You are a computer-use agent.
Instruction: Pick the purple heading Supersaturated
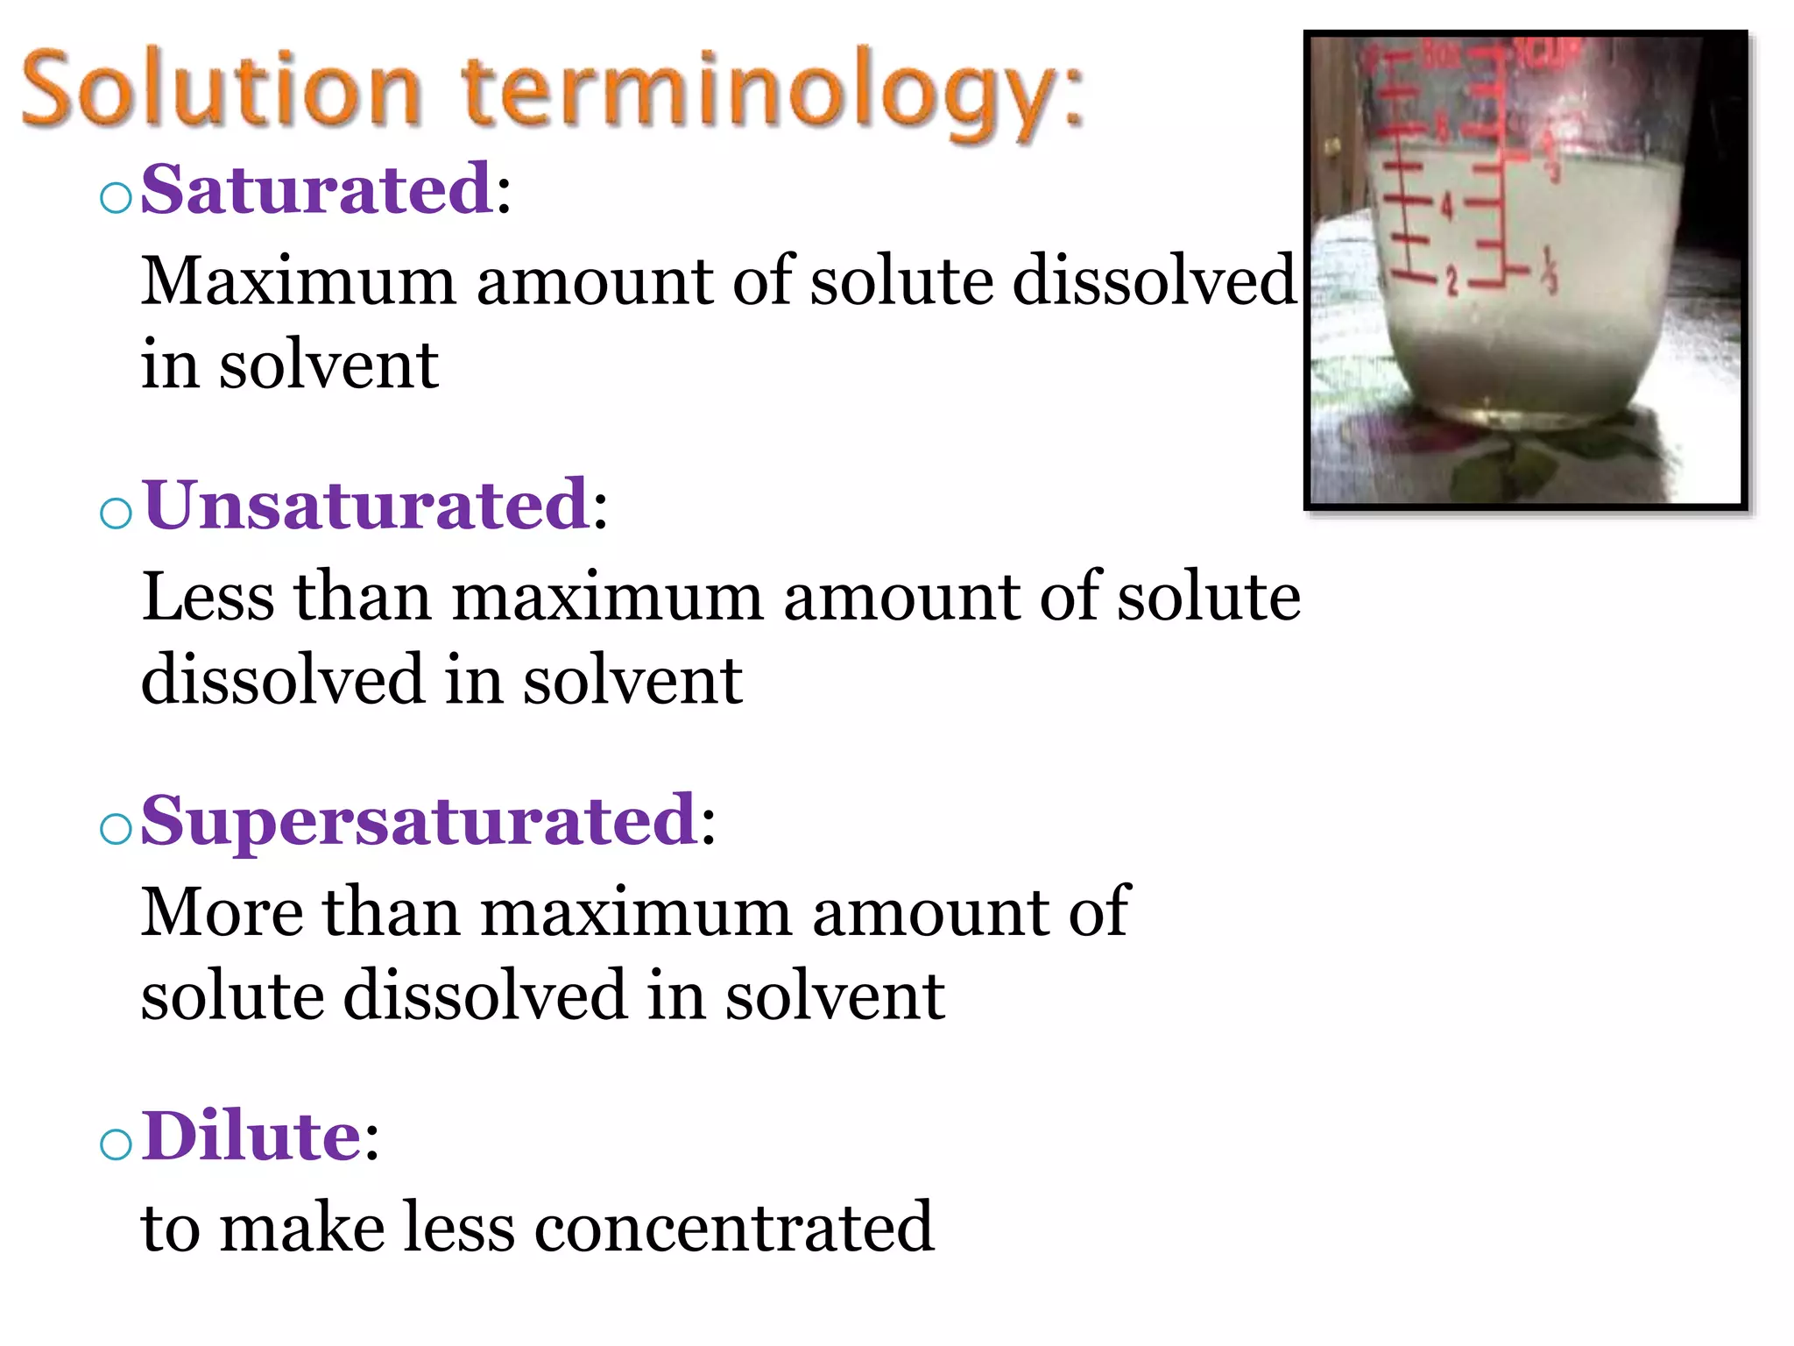419,820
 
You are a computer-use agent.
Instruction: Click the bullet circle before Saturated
117,198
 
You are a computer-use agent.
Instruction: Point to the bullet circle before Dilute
117,1144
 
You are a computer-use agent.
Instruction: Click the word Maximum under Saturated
299,282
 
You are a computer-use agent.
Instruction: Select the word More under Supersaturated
222,913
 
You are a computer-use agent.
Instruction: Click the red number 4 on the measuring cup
1446,207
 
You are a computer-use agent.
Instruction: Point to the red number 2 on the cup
1451,282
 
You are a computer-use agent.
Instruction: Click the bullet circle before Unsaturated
117,514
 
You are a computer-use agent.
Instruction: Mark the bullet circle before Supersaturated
117,829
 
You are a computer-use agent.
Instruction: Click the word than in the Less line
362,598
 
